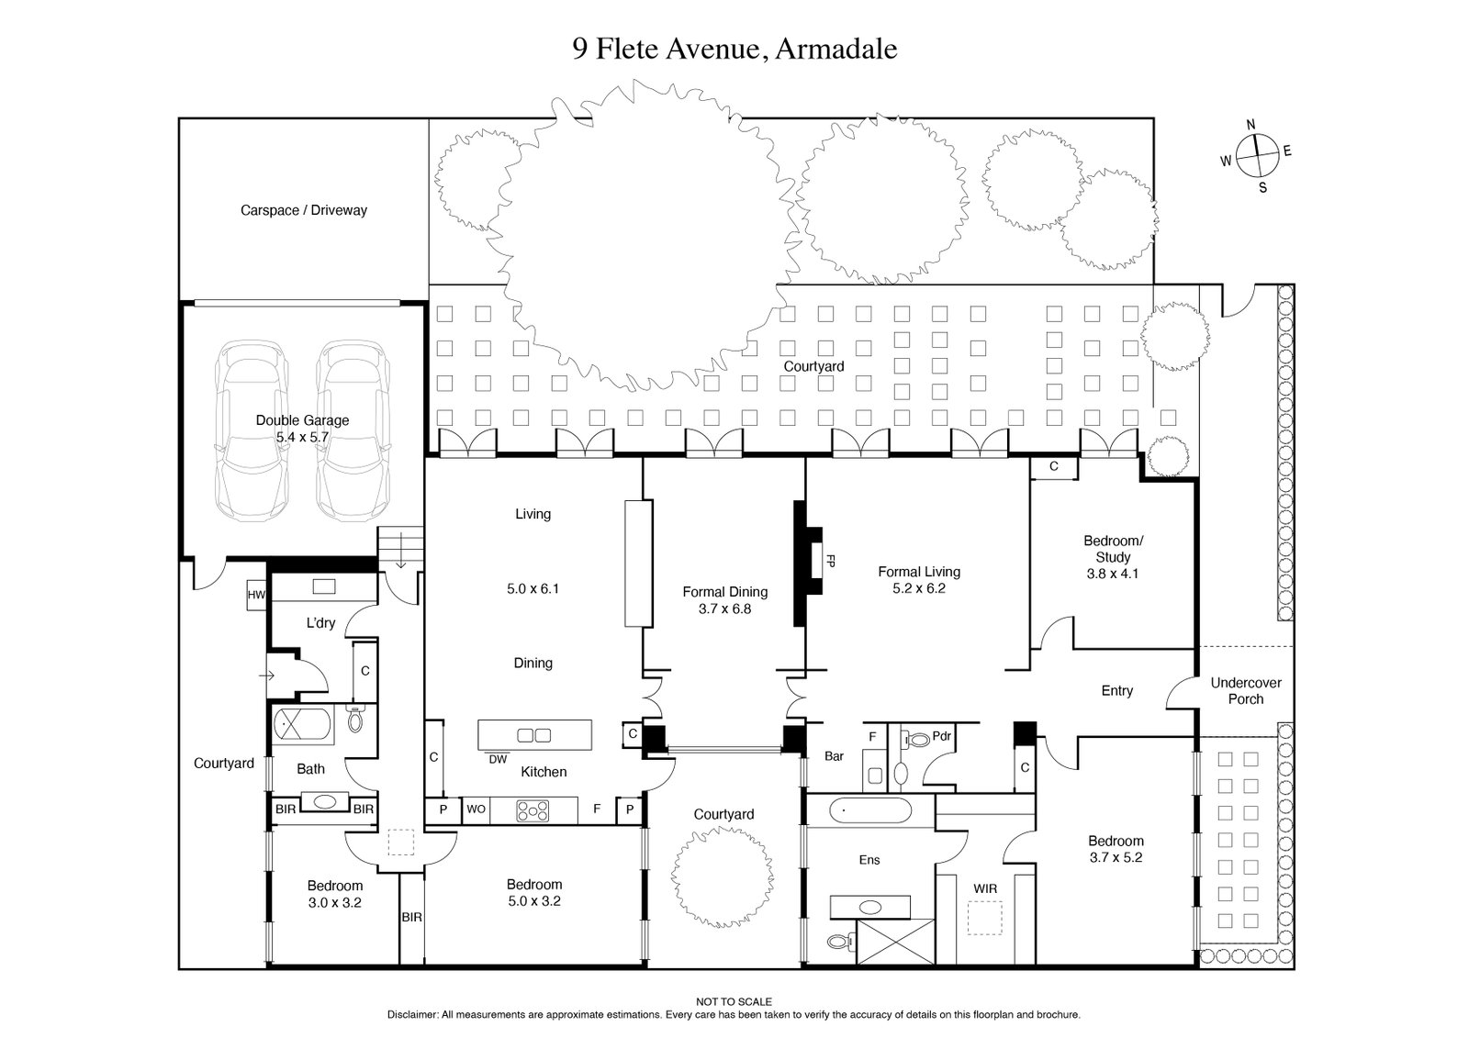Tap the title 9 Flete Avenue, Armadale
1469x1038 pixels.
click(734, 48)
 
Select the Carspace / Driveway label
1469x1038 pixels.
click(303, 210)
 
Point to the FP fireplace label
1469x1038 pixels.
click(830, 560)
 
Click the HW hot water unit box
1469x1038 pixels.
click(255, 595)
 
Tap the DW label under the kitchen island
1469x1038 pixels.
click(498, 759)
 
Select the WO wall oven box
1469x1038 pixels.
click(476, 809)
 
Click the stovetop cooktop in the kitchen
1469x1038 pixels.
click(532, 810)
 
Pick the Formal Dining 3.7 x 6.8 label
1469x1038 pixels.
click(724, 600)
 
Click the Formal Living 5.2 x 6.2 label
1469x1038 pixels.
click(918, 580)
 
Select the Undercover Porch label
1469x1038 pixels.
click(1245, 691)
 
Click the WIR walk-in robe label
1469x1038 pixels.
click(985, 888)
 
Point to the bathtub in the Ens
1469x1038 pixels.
click(869, 811)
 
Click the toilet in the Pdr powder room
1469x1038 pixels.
click(917, 739)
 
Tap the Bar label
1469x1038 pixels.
click(834, 756)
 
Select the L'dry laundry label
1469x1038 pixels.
click(320, 623)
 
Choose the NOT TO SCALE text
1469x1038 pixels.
click(734, 1002)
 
